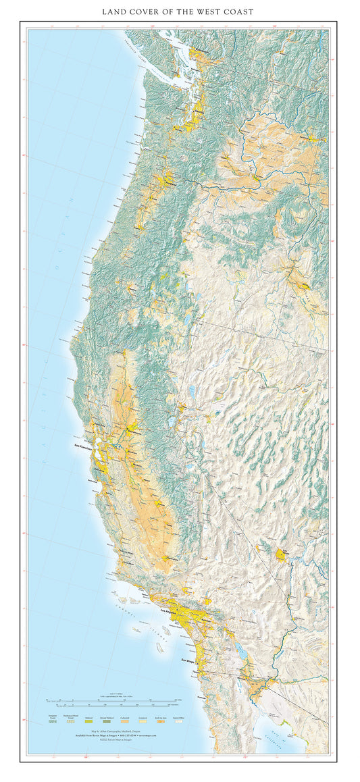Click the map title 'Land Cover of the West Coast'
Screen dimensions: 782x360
[x=179, y=12]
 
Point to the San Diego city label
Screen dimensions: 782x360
[x=186, y=660]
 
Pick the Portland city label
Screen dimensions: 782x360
[x=168, y=182]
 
